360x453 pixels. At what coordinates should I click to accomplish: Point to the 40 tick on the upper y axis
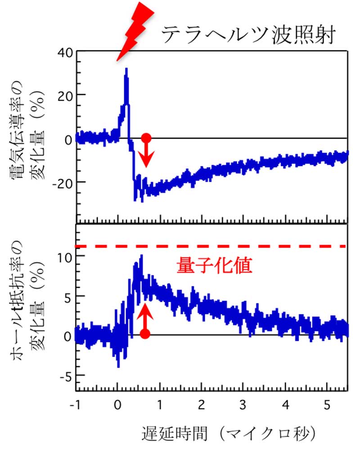coord(65,52)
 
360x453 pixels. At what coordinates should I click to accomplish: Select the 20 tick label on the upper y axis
coord(65,95)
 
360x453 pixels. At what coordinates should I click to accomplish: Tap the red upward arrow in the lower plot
coord(145,315)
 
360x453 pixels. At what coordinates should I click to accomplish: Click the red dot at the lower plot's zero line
coord(145,334)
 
